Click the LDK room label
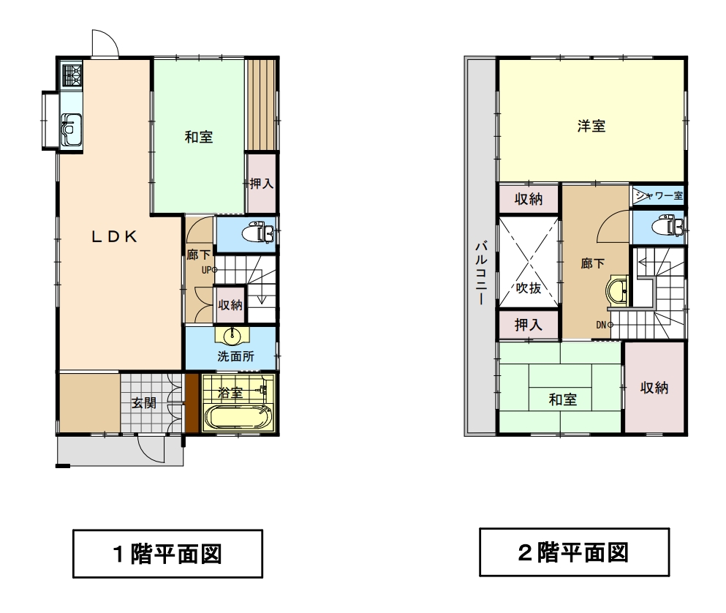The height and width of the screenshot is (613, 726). [x=114, y=237]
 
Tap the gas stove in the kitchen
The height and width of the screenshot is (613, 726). [x=72, y=75]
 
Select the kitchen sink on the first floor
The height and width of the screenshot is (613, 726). [x=72, y=129]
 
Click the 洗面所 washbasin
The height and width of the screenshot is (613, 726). [x=232, y=336]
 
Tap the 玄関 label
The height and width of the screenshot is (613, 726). [x=143, y=402]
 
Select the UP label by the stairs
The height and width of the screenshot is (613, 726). [x=206, y=270]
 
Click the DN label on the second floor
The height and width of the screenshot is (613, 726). [x=602, y=325]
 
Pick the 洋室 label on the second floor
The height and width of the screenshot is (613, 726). [x=591, y=126]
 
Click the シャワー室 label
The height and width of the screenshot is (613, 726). [x=659, y=195]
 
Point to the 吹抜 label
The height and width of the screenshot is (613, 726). [x=529, y=287]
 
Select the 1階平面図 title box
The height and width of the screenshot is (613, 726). [x=167, y=554]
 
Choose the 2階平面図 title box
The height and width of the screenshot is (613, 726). [x=574, y=552]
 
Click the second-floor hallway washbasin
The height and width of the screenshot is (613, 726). [x=616, y=290]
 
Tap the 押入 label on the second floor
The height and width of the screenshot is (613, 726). [x=529, y=325]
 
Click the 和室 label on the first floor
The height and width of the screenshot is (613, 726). [x=199, y=137]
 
